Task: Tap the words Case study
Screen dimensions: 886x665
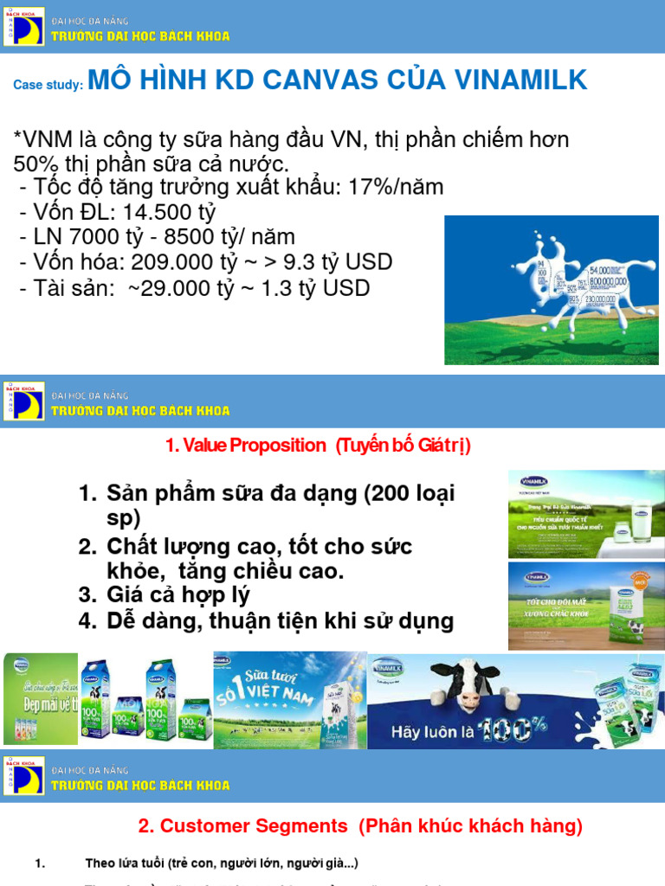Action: (48, 85)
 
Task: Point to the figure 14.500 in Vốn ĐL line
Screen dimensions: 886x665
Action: (152, 212)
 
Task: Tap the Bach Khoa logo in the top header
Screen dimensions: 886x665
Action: (23, 26)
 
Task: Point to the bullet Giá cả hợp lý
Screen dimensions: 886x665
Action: (178, 594)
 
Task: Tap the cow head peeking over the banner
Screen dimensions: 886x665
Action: (467, 684)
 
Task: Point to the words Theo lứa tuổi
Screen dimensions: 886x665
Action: (126, 864)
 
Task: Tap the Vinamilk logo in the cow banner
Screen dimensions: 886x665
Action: (394, 669)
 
